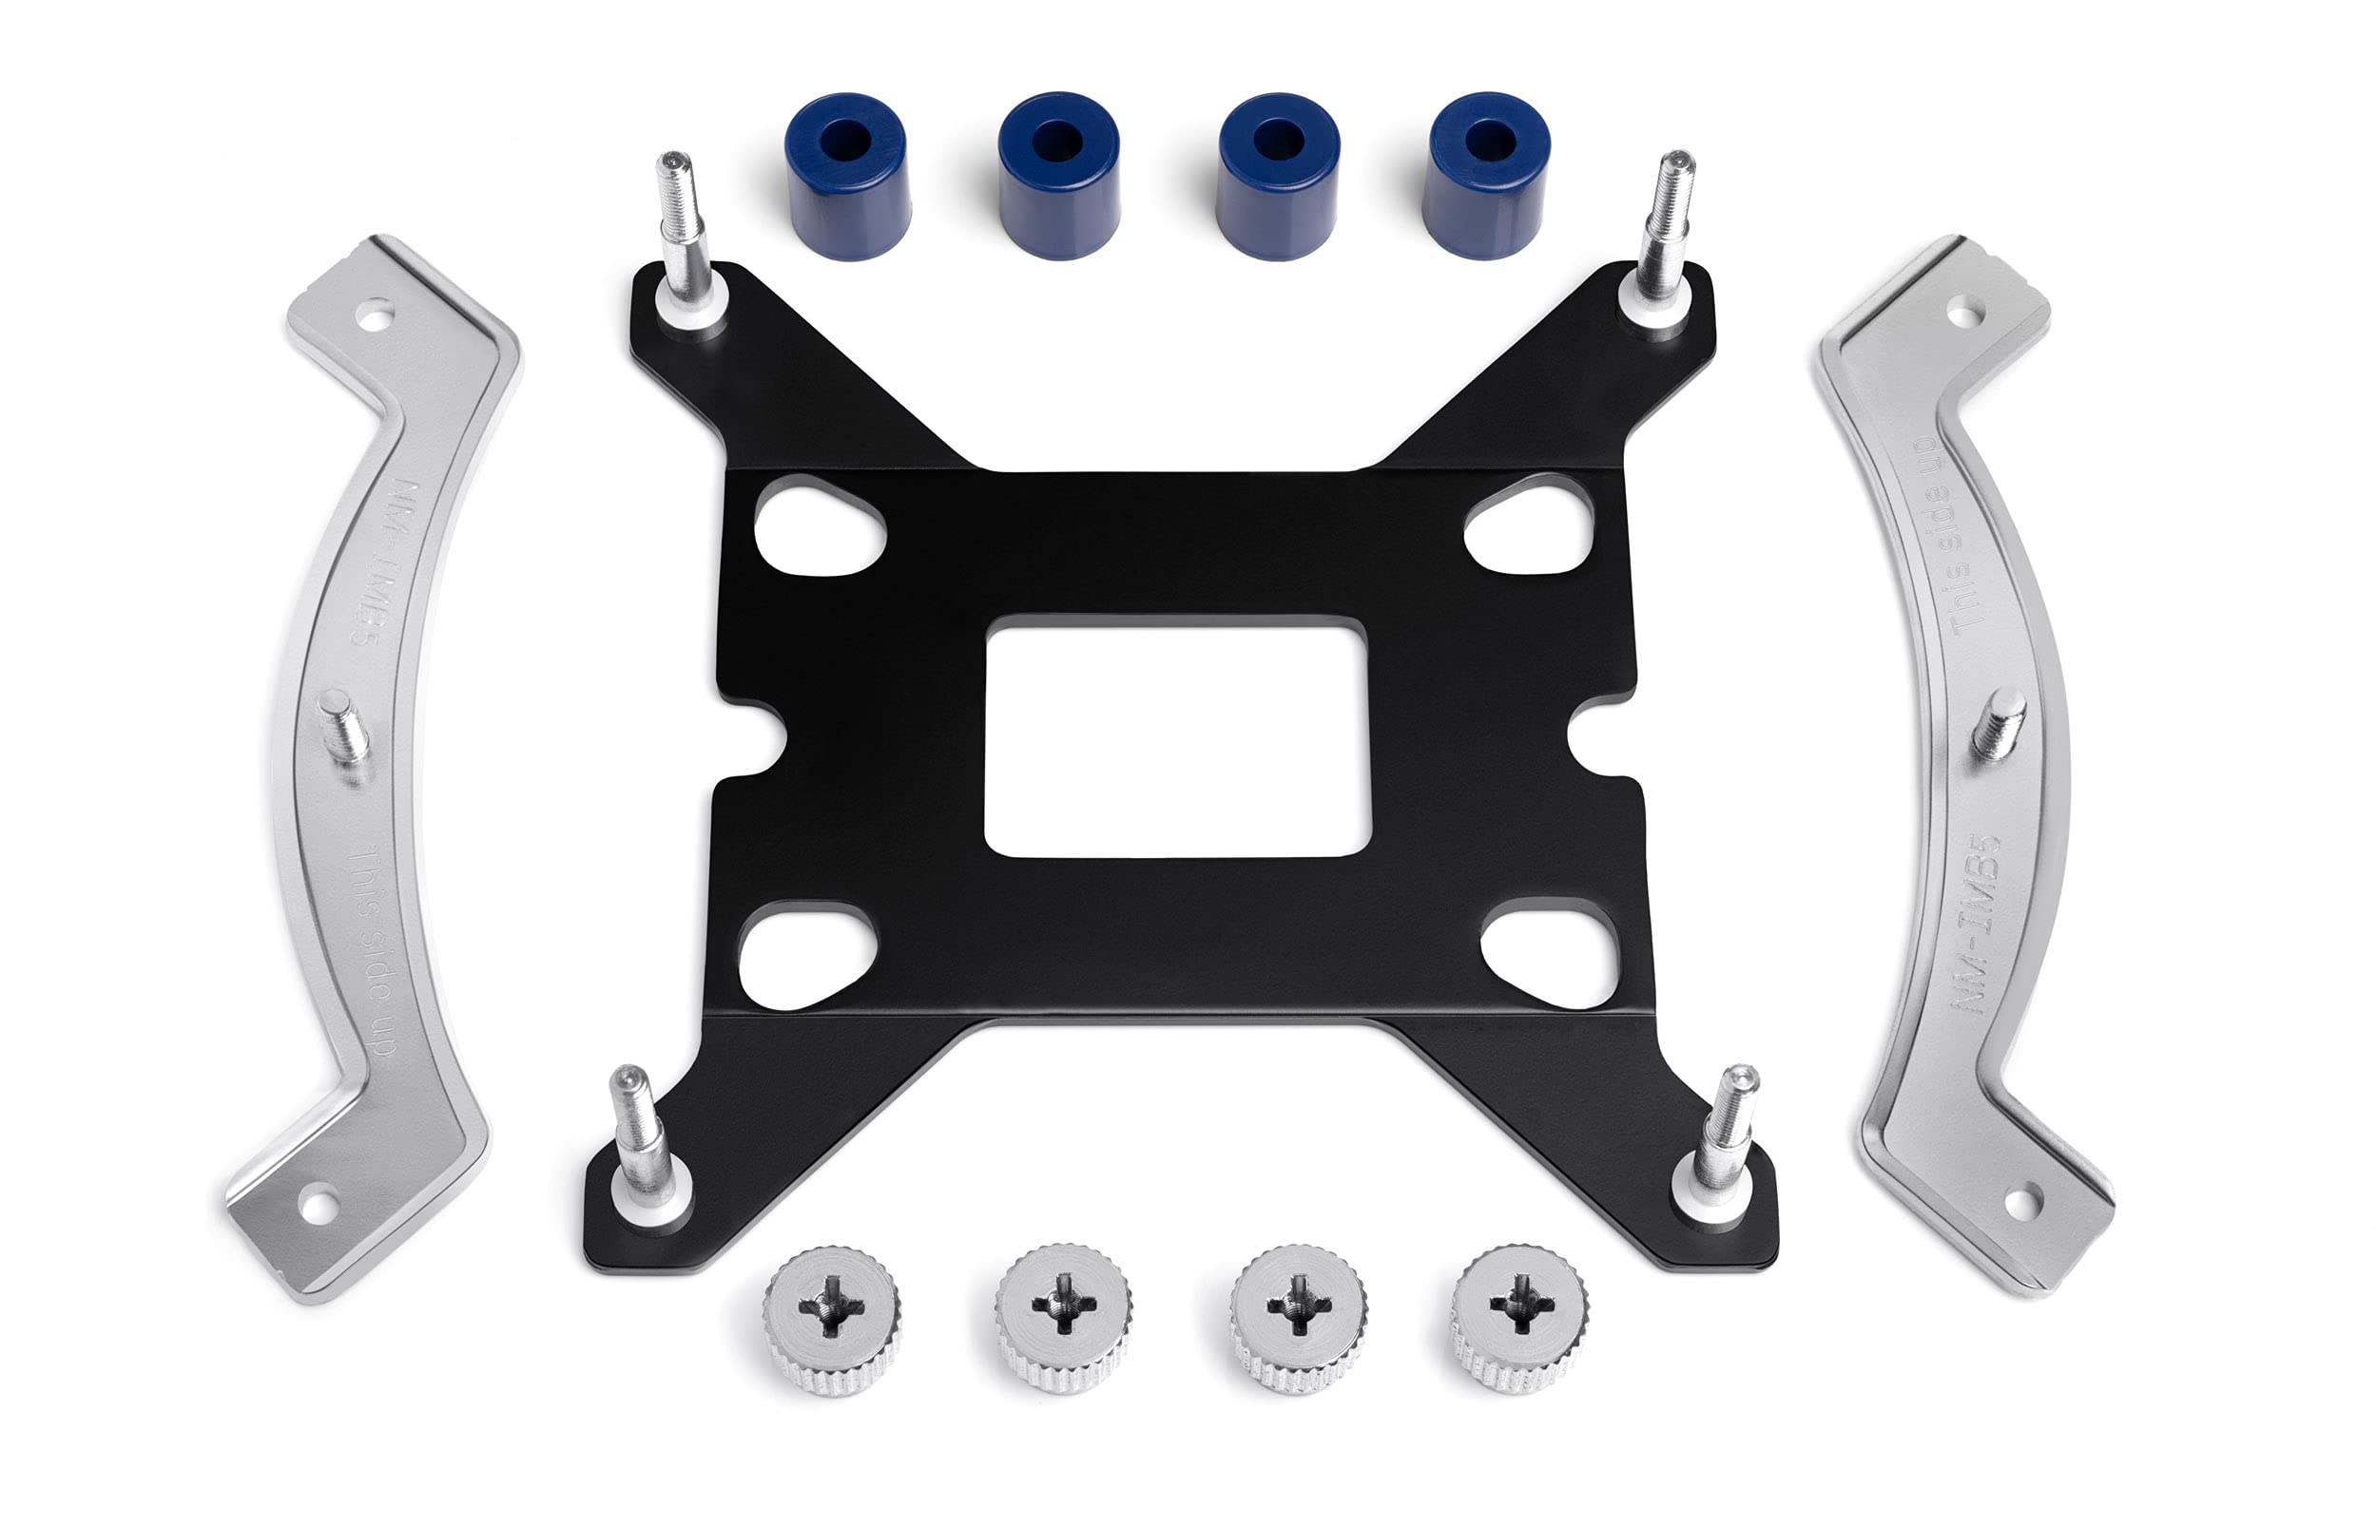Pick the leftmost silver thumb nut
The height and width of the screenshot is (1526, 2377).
(832, 1320)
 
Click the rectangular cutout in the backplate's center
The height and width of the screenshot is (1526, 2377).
(1178, 735)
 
